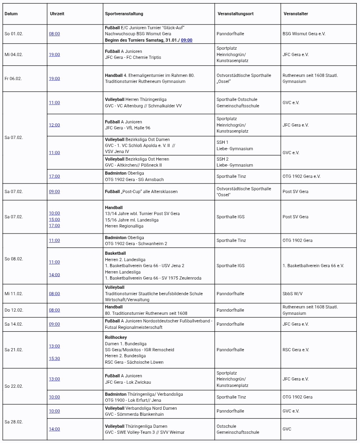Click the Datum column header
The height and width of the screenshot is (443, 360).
(11, 14)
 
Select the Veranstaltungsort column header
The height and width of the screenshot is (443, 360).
(235, 14)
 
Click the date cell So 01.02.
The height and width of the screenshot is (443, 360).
(14, 34)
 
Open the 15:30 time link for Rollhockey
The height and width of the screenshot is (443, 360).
(54, 358)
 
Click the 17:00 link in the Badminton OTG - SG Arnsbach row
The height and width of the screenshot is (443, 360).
(54, 176)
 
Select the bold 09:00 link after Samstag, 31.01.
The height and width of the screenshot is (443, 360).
(187, 40)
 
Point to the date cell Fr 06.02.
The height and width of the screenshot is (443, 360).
(13, 79)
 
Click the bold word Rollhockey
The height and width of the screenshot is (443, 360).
(116, 337)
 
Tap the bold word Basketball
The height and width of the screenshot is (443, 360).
(115, 253)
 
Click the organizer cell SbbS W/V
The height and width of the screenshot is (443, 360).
(293, 294)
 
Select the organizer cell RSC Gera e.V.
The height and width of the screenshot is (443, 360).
(296, 350)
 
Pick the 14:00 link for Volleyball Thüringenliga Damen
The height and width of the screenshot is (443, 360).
(54, 429)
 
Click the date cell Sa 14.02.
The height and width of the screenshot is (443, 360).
(14, 324)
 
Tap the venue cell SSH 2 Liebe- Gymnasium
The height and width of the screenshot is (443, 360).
(235, 162)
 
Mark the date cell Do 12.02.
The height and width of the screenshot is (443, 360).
(14, 310)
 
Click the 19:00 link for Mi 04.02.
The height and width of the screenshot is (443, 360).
(54, 54)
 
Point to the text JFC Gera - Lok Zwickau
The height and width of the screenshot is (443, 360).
(128, 382)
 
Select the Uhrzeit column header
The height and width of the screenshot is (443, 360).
(57, 14)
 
